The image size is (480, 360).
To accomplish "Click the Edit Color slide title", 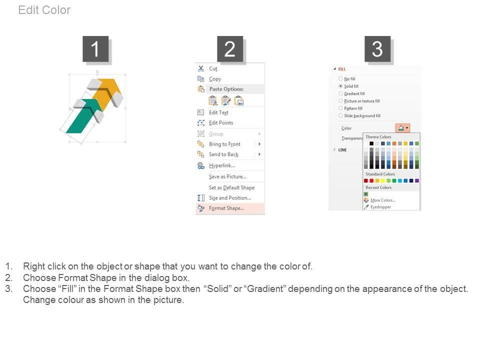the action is pos(44,10).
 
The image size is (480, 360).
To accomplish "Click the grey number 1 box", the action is pos(95,49).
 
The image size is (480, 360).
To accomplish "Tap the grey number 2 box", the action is pos(230,49).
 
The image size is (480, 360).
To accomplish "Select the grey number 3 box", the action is pos(377,49).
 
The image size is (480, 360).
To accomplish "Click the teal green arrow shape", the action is pos(82,117).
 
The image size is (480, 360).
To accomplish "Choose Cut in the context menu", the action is pos(213,68).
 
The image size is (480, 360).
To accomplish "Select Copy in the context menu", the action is pos(215,79).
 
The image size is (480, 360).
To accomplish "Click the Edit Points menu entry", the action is pos(221,123).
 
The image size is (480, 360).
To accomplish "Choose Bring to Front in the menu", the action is pos(224,144).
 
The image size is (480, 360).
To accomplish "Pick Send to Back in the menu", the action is pos(223,154).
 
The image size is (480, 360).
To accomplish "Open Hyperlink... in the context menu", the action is pos(222,165).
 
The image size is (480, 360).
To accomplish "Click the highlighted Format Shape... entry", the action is pos(226,208).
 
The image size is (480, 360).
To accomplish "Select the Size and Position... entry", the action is pos(230,198).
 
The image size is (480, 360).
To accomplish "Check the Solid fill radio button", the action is pos(340,86).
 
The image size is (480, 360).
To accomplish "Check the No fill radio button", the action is pos(340,78).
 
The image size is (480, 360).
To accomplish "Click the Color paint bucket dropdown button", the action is pos(402,128).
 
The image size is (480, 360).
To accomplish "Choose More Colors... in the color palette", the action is pos(383,200).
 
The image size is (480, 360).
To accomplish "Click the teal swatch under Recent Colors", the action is pos(366,194).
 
